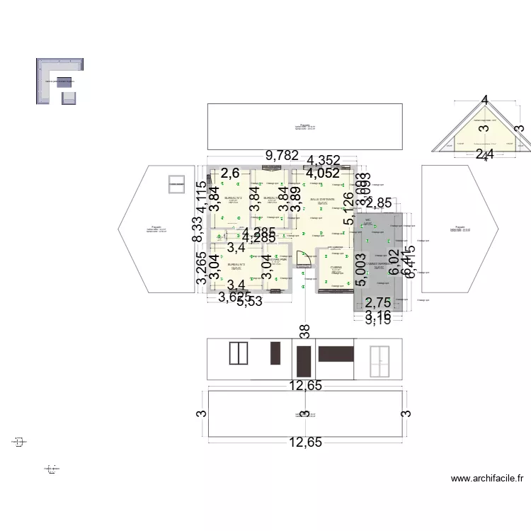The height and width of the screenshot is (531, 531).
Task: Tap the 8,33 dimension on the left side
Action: (200, 230)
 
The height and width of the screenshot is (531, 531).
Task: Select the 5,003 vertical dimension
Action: (361, 272)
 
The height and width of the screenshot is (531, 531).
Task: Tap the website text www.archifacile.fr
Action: (488, 479)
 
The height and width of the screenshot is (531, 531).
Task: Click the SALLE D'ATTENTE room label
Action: (323, 200)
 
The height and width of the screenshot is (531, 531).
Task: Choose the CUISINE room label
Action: (336, 268)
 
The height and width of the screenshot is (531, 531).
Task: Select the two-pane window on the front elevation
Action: (238, 353)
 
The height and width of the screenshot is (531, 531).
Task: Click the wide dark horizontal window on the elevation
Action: (336, 353)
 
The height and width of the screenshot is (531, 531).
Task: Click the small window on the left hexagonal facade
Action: (173, 184)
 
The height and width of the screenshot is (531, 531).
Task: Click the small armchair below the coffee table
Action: (68, 98)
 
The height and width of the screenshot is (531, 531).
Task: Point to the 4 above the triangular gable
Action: (484, 101)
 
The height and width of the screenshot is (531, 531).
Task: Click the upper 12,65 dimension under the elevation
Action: (304, 385)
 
